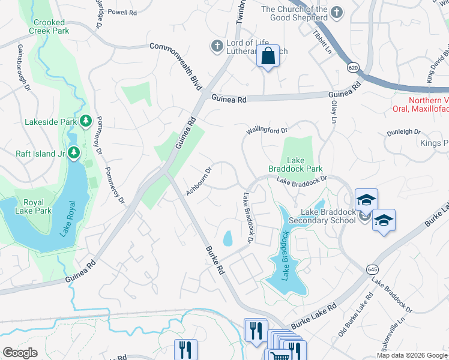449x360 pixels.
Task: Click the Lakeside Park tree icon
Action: point(86,121)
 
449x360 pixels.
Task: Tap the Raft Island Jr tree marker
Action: point(74,153)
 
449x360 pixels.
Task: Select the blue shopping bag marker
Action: point(268,57)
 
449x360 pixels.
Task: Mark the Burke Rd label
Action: point(214,260)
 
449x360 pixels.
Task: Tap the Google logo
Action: point(20,353)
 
